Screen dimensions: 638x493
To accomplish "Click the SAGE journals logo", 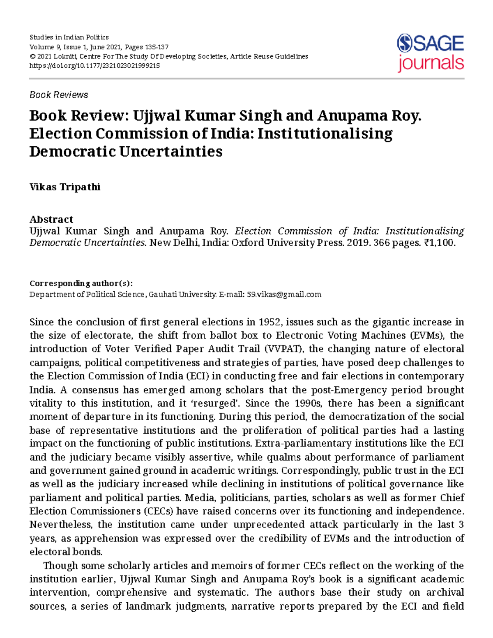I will [x=430, y=53].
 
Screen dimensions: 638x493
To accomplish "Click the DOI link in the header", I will [x=94, y=66].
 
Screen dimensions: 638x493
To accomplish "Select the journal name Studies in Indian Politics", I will [x=69, y=37].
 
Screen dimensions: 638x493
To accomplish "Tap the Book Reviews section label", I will [x=59, y=95].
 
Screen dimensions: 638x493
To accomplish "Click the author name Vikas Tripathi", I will [x=65, y=187].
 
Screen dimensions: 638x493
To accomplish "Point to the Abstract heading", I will [x=51, y=219].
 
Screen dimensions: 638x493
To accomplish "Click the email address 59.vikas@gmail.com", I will [x=283, y=295].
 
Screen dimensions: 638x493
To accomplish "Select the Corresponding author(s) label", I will [x=81, y=283].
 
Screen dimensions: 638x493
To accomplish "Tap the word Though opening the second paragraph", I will [x=60, y=566].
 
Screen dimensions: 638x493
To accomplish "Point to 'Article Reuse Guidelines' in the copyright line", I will [x=269, y=57].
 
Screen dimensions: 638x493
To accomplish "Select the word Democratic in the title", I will [x=72, y=152].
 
